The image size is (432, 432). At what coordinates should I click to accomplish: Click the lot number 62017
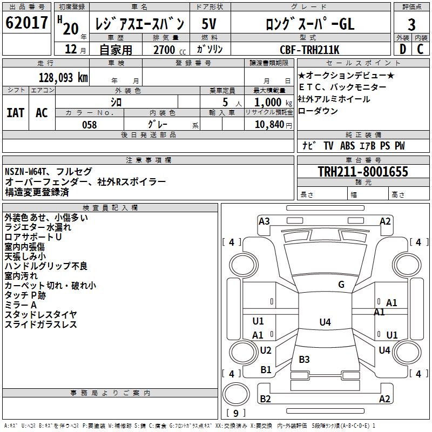point(26,23)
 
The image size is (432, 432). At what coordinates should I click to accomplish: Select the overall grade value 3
point(411,24)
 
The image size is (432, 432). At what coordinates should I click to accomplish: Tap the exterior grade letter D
point(403,49)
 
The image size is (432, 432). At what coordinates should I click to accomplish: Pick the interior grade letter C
point(420,49)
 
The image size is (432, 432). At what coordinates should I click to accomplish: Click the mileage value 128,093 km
point(63,78)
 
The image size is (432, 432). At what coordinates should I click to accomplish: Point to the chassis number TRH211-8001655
point(363,171)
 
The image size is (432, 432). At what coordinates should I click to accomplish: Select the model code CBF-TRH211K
point(309,50)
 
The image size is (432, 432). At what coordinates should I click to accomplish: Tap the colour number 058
point(90,125)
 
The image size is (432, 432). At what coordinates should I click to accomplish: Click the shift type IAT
point(16,113)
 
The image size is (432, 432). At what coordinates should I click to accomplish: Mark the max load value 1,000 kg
point(273,103)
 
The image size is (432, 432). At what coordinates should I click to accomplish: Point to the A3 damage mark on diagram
point(264,221)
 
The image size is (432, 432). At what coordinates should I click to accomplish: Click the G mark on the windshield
point(341,285)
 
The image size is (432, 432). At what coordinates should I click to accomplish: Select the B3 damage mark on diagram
point(304,359)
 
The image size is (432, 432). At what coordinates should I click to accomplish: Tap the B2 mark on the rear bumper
point(265,399)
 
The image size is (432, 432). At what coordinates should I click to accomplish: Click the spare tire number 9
point(236,413)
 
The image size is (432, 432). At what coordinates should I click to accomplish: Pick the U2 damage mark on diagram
point(266,350)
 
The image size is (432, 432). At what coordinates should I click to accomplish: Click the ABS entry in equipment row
point(347,146)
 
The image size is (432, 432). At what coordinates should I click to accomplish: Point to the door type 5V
point(209,24)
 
